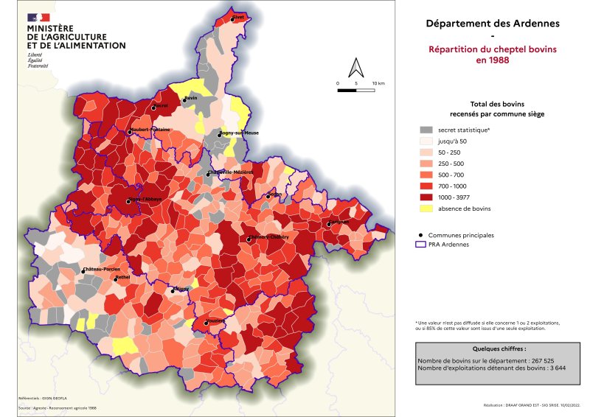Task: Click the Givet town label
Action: point(238,16)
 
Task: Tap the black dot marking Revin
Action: point(184,100)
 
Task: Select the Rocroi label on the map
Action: point(161,105)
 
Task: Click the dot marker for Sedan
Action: point(268,197)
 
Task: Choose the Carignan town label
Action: point(339,221)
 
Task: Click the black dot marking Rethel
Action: point(115,279)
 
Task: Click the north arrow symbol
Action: point(356,68)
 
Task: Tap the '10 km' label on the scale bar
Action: point(379,83)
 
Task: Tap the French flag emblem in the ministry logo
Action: point(38,18)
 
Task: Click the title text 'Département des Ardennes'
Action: point(493,24)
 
